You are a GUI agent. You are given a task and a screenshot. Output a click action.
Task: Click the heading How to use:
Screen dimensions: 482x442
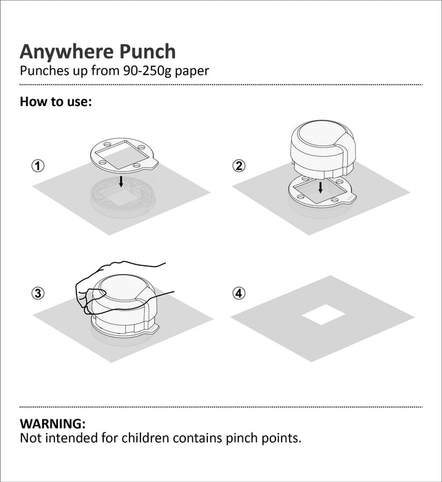tap(56, 102)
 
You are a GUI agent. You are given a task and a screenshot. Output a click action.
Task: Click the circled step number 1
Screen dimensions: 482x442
tap(38, 166)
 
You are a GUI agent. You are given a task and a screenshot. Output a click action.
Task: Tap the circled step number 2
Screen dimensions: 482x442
tap(239, 166)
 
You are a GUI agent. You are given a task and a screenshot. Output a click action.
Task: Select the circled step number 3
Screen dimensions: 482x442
tap(38, 293)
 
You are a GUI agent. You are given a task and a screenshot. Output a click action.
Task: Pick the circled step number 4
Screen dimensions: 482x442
tap(239, 293)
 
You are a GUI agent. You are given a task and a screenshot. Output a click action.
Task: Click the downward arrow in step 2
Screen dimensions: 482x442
tap(320, 188)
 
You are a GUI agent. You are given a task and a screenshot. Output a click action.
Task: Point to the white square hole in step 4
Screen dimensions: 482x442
tap(323, 315)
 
